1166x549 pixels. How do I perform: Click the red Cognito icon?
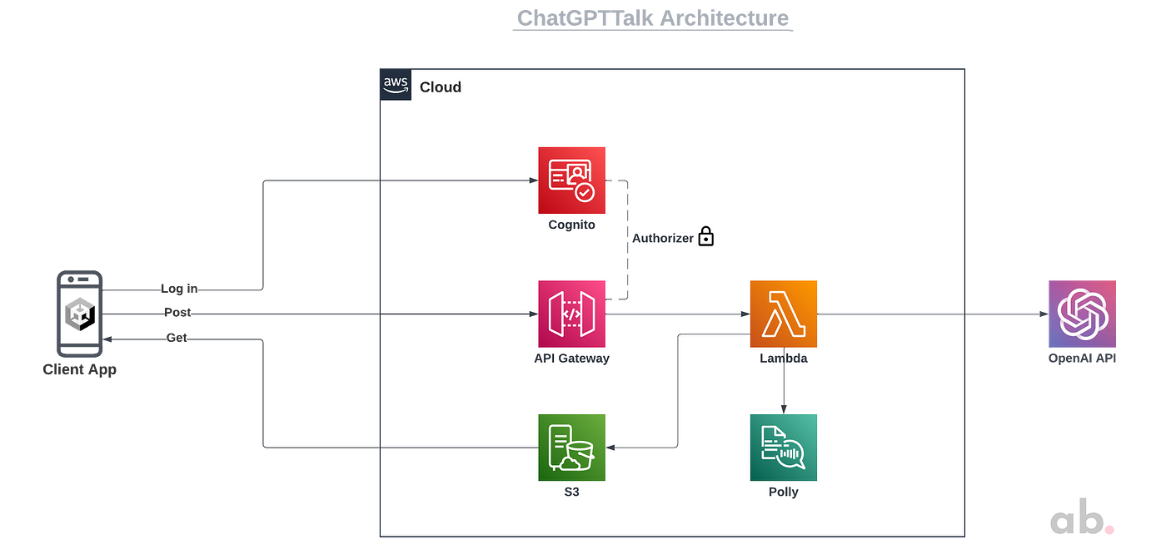pyautogui.click(x=571, y=181)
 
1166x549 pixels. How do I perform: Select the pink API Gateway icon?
pyautogui.click(x=571, y=314)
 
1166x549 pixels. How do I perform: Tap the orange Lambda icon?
pyautogui.click(x=784, y=314)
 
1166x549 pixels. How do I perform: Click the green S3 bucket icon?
pyautogui.click(x=571, y=448)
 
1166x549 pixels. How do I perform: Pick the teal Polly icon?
pyautogui.click(x=784, y=448)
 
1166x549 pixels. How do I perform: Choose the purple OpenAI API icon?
pyautogui.click(x=1082, y=314)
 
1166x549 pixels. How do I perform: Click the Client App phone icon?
pyautogui.click(x=80, y=314)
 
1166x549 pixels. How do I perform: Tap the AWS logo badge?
pyautogui.click(x=396, y=85)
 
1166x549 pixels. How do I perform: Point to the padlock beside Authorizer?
pyautogui.click(x=706, y=236)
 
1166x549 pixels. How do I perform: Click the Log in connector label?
pyautogui.click(x=179, y=289)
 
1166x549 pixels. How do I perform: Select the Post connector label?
pyautogui.click(x=177, y=313)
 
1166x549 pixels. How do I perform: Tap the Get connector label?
pyautogui.click(x=177, y=338)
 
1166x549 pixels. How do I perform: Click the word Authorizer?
pyautogui.click(x=663, y=238)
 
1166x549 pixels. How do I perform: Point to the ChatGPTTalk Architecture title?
pyautogui.click(x=653, y=18)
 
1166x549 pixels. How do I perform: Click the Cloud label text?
pyautogui.click(x=441, y=87)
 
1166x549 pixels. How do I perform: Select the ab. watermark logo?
pyautogui.click(x=1082, y=517)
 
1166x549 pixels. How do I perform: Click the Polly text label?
pyautogui.click(x=784, y=492)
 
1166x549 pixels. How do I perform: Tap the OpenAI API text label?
pyautogui.click(x=1082, y=359)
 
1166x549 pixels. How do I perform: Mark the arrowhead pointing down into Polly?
pyautogui.click(x=784, y=409)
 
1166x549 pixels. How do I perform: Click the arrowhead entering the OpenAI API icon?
pyautogui.click(x=1044, y=314)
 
